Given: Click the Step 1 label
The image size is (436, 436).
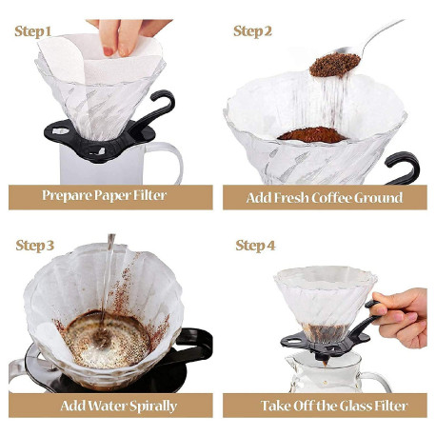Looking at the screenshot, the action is click(x=32, y=31).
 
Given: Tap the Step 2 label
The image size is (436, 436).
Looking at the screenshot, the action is click(x=252, y=31).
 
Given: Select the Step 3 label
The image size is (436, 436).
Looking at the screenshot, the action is click(x=35, y=246).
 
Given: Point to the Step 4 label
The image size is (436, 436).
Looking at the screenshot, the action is click(x=255, y=246).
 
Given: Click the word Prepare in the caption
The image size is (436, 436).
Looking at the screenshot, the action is click(x=67, y=196).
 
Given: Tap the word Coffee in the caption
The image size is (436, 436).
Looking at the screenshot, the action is click(x=331, y=198).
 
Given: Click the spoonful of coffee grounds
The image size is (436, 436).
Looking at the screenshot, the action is click(x=334, y=65).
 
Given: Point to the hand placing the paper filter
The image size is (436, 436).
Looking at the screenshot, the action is click(x=127, y=35).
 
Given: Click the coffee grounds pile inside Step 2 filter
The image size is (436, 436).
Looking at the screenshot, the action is click(x=312, y=135).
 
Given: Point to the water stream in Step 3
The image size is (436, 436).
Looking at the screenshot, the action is click(x=107, y=279).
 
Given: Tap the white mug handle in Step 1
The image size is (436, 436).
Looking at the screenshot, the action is click(x=168, y=162).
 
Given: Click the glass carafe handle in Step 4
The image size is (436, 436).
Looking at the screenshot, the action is click(x=378, y=382).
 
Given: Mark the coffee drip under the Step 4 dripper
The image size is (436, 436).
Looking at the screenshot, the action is click(x=325, y=364).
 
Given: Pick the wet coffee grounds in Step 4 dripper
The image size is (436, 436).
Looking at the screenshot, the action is click(x=325, y=332).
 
